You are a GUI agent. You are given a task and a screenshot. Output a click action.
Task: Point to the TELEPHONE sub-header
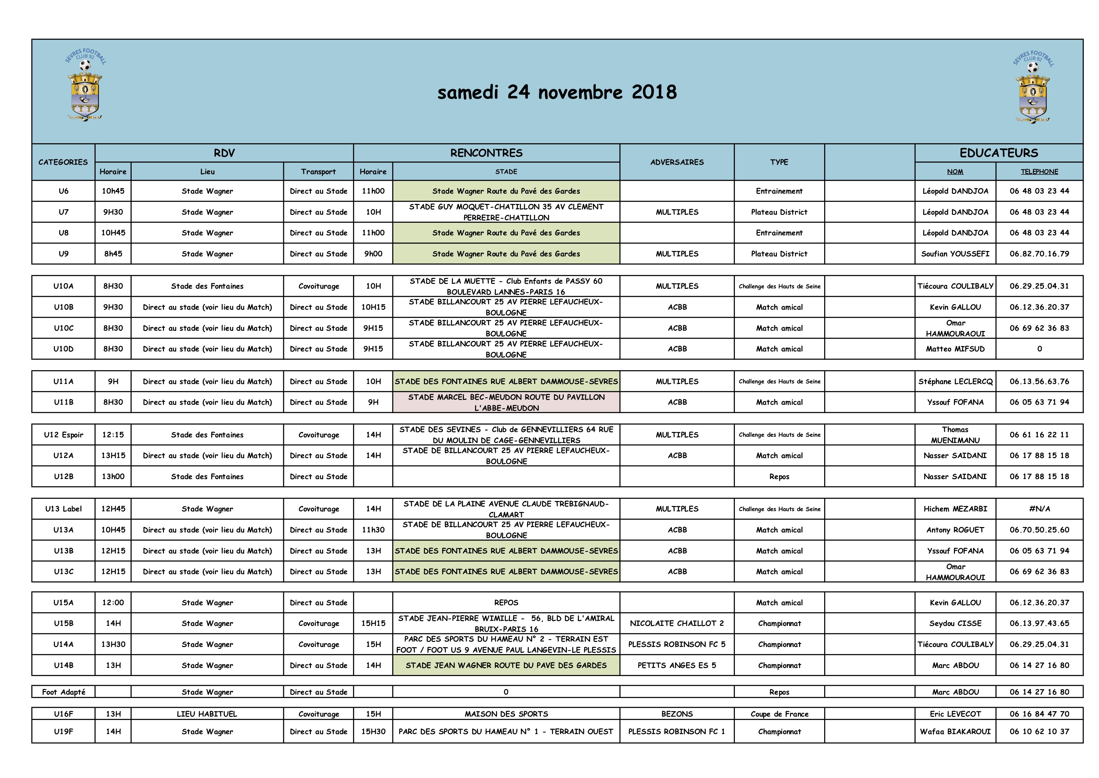pos(1039,172)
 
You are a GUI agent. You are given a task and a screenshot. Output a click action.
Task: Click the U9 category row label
pos(63,254)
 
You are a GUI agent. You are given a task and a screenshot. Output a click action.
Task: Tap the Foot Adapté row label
pos(63,692)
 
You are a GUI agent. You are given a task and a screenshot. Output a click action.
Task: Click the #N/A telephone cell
pos(1039,509)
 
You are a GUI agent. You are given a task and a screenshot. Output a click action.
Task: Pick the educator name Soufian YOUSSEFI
pos(955,254)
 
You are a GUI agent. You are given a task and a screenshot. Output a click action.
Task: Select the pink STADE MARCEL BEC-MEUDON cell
pos(506,402)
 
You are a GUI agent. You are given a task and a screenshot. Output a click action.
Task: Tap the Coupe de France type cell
pos(779,714)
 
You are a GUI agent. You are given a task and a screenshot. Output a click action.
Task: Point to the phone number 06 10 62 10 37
pos(1039,732)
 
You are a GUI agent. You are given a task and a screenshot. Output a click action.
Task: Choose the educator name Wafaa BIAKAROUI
pos(955,732)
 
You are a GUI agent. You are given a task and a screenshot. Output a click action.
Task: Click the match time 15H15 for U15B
pos(373,623)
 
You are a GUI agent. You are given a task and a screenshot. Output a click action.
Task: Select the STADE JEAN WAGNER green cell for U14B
pos(506,665)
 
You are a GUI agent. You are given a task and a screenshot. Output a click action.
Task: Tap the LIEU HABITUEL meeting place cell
pos(207,714)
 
